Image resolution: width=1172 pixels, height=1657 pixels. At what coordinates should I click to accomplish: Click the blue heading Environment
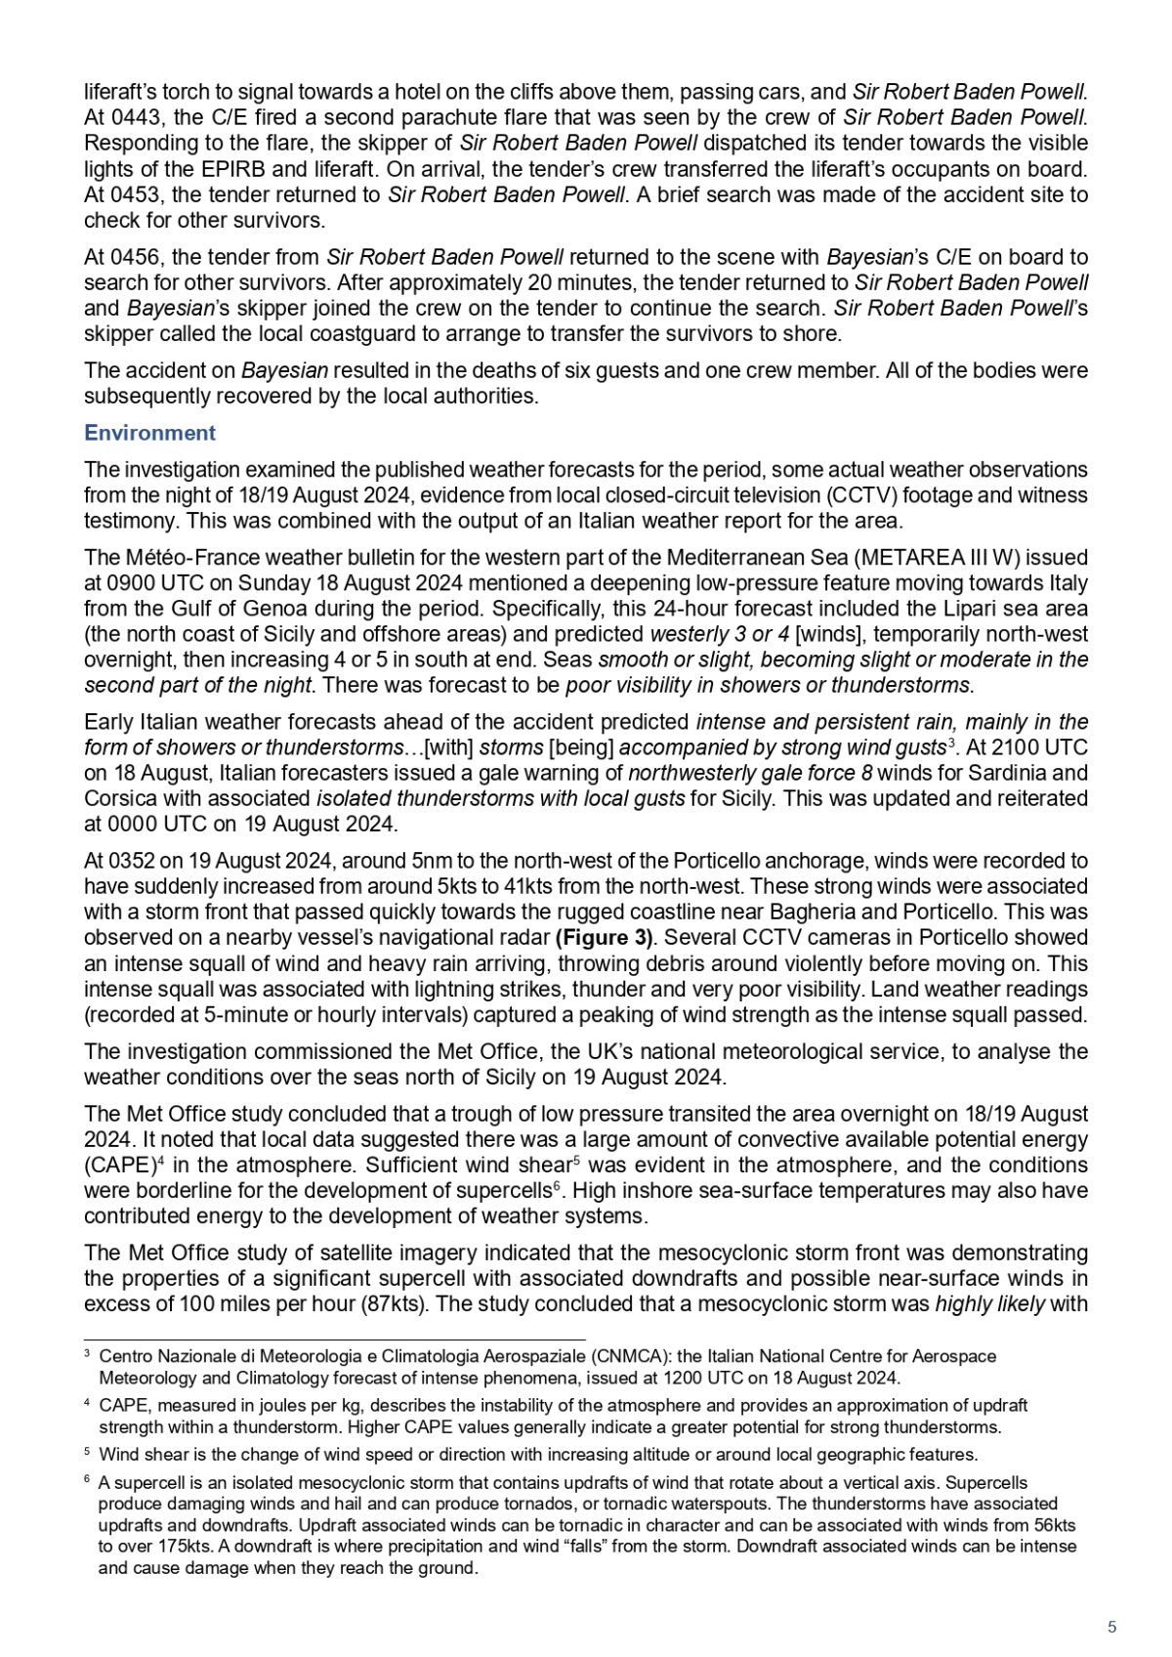pos(149,433)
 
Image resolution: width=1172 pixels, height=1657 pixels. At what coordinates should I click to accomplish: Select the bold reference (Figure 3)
pos(604,938)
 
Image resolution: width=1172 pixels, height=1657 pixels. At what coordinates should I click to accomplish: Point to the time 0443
pos(129,118)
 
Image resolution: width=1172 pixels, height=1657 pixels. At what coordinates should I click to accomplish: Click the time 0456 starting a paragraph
pos(129,258)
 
